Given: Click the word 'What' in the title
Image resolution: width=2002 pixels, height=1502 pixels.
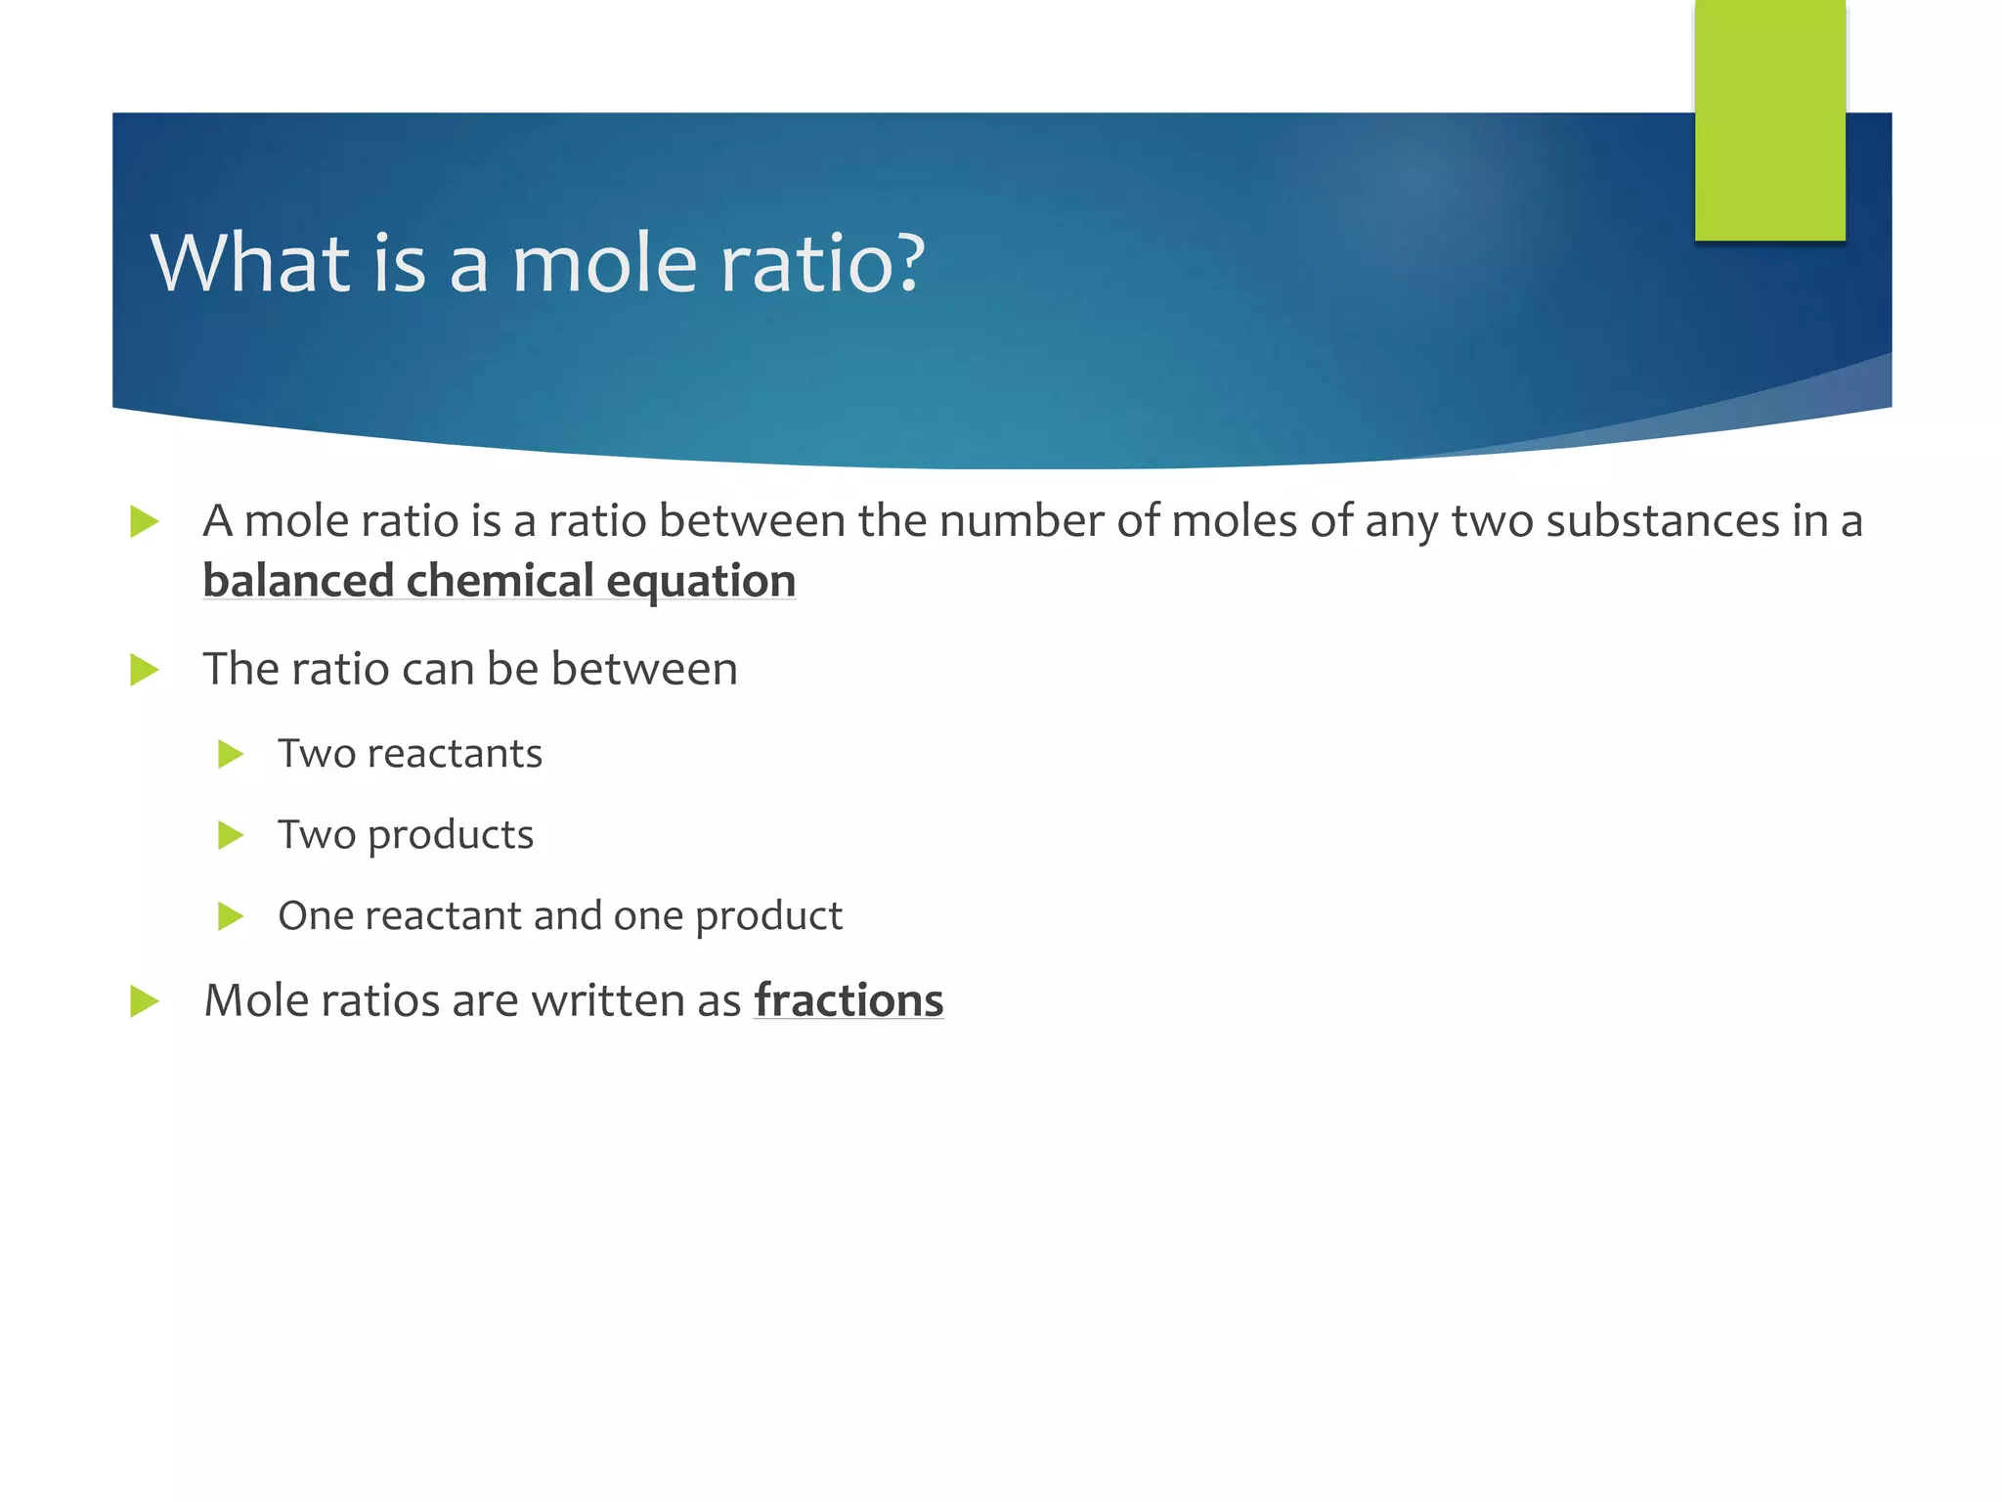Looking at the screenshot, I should tap(250, 263).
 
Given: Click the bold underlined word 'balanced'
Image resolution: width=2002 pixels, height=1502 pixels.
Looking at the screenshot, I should tap(298, 581).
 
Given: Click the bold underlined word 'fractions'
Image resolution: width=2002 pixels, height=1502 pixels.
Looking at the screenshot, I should tap(849, 1000).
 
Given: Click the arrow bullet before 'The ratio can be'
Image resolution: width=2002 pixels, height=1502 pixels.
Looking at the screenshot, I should tap(144, 670).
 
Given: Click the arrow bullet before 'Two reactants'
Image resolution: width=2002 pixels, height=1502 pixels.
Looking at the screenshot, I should tap(230, 754).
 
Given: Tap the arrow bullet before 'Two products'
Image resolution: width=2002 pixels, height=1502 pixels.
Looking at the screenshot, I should tap(230, 835).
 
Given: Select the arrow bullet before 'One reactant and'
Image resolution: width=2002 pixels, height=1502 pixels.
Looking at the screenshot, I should tap(230, 916).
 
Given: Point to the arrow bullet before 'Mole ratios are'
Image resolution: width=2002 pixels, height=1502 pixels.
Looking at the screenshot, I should tap(144, 1001).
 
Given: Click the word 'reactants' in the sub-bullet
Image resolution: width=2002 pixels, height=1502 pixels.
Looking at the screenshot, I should tap(455, 754).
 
